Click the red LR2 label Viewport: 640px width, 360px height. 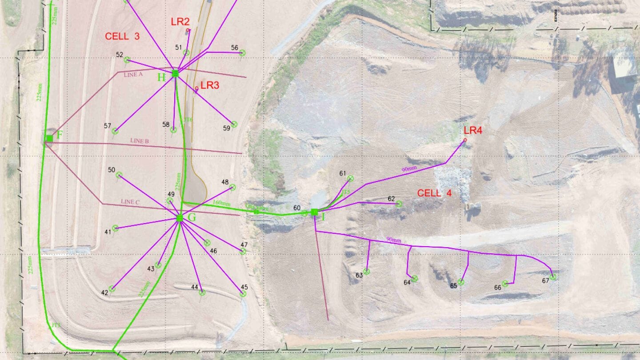pyautogui.click(x=180, y=21)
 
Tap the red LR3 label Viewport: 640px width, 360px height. pyautogui.click(x=210, y=85)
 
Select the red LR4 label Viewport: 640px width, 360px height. pyautogui.click(x=472, y=130)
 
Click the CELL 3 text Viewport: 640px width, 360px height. pyautogui.click(x=122, y=36)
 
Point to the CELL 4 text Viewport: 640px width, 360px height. pyautogui.click(x=435, y=193)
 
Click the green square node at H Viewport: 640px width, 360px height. pyautogui.click(x=175, y=74)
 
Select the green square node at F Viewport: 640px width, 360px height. pyautogui.click(x=49, y=138)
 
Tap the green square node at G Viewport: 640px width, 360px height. pyautogui.click(x=180, y=218)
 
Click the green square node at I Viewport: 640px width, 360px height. pyautogui.click(x=315, y=212)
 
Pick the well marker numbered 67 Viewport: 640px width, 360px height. pyautogui.click(x=553, y=277)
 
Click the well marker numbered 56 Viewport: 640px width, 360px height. pyautogui.click(x=243, y=53)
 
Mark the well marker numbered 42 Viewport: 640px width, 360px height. pyautogui.click(x=112, y=289)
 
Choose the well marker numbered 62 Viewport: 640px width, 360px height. pyautogui.click(x=399, y=204)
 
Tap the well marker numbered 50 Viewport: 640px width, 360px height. pyautogui.click(x=119, y=175)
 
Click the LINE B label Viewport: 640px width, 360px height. pyautogui.click(x=139, y=141)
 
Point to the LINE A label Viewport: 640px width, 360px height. pyautogui.click(x=133, y=75)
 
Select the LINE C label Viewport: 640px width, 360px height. pyautogui.click(x=130, y=202)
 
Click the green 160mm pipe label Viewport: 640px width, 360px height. pyautogui.click(x=222, y=204)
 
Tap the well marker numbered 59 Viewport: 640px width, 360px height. pyautogui.click(x=234, y=124)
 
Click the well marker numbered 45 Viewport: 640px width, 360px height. pyautogui.click(x=243, y=294)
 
